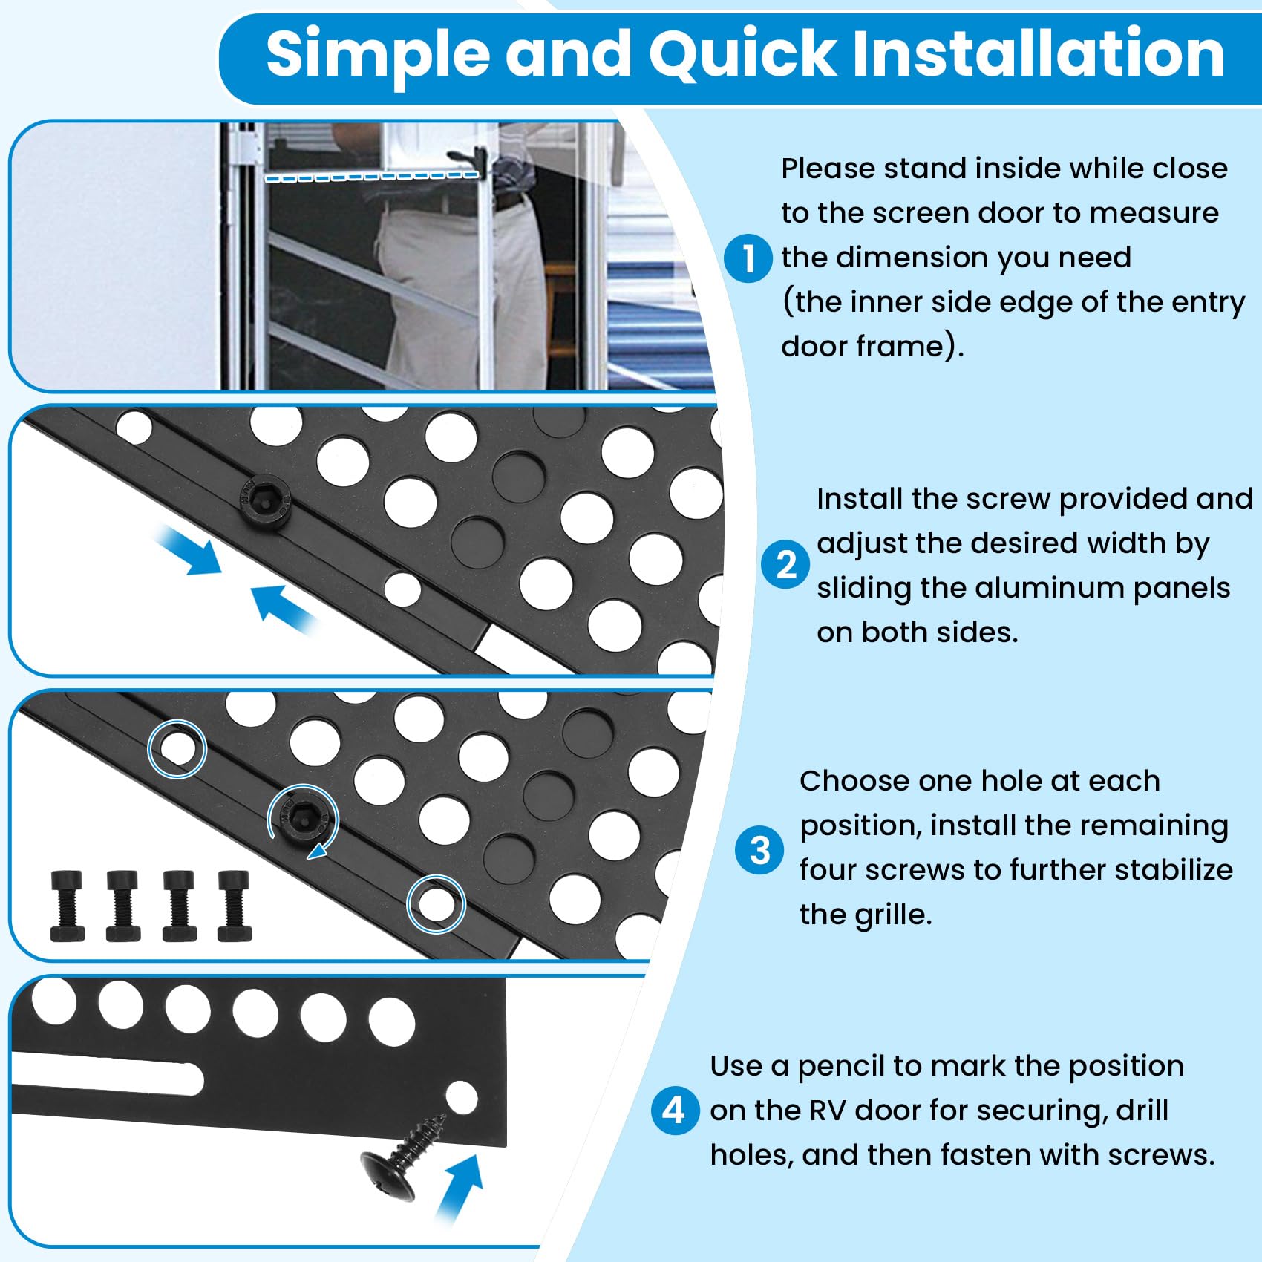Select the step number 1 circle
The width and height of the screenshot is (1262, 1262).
(x=748, y=258)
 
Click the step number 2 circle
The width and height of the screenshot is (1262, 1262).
(x=785, y=565)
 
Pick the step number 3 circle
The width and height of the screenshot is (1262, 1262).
(x=759, y=851)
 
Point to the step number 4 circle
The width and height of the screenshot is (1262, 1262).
(x=674, y=1111)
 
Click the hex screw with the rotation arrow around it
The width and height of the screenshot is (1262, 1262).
(x=302, y=820)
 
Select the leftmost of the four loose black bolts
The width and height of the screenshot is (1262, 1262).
(x=68, y=906)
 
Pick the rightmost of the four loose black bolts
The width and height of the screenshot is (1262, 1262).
(x=234, y=906)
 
